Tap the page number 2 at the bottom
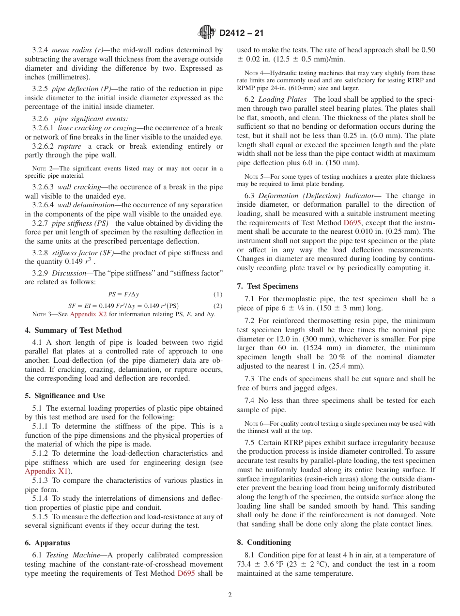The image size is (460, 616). (x=230, y=595)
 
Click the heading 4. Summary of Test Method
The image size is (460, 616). (x=73, y=330)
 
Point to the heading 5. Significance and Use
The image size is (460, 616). (x=64, y=396)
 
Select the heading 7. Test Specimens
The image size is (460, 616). (x=268, y=286)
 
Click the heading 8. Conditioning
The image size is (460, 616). (x=264, y=542)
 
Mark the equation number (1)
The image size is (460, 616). (x=218, y=294)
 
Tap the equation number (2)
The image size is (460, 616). (x=218, y=306)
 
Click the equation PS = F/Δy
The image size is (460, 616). (x=123, y=294)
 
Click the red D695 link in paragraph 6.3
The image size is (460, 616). (x=352, y=223)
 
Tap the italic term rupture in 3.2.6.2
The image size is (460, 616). (x=69, y=146)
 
